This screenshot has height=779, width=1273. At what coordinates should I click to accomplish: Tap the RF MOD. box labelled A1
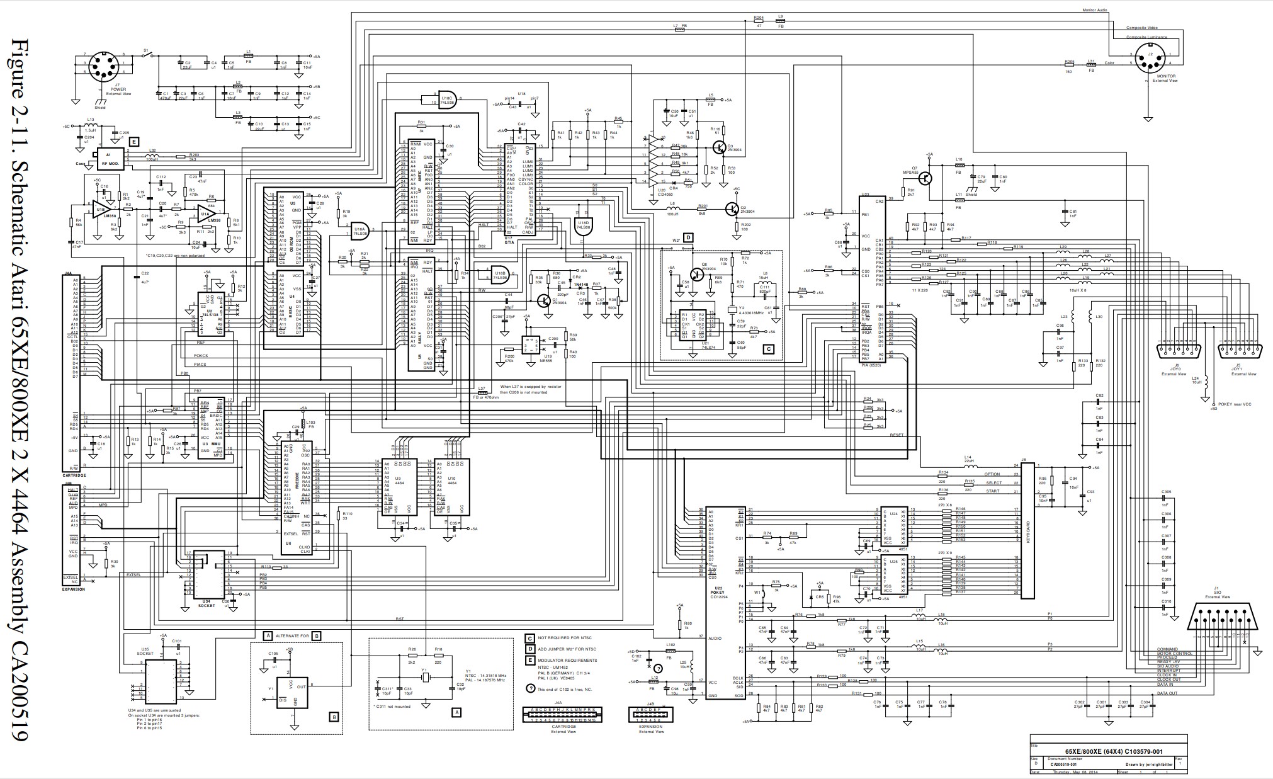pyautogui.click(x=110, y=159)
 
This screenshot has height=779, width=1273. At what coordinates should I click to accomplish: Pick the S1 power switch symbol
pyautogui.click(x=147, y=55)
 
